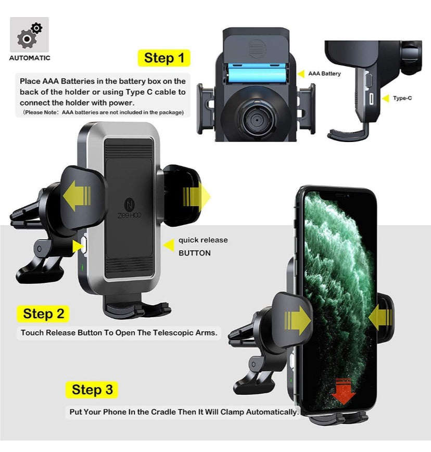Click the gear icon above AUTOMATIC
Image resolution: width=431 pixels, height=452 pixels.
(x=29, y=35)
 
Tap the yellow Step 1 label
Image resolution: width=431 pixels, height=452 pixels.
(x=164, y=58)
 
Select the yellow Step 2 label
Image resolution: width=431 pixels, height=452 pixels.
(x=44, y=314)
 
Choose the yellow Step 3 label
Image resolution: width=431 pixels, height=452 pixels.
(x=92, y=390)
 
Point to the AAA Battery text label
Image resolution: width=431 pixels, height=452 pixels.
(x=324, y=74)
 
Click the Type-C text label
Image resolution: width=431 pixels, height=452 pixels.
(x=402, y=98)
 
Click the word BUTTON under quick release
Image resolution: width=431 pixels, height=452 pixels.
(x=195, y=253)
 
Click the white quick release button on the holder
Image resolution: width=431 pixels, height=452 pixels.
(x=83, y=246)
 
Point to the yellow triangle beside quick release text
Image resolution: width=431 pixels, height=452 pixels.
(x=169, y=245)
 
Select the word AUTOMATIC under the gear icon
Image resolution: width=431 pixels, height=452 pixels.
(x=30, y=58)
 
